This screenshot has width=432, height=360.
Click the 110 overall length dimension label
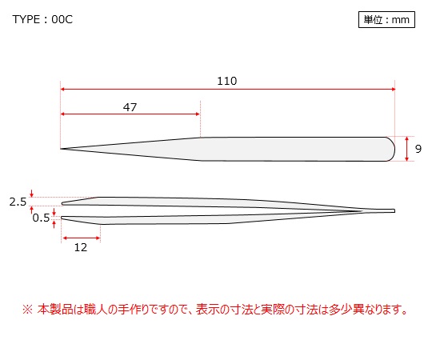[x=226, y=81]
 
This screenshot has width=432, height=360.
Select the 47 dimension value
[x=130, y=107]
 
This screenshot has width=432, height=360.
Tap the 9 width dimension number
[x=418, y=149]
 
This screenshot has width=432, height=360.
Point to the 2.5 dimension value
[x=18, y=202]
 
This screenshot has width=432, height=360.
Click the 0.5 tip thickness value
[x=41, y=218]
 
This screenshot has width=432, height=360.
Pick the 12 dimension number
[x=81, y=247]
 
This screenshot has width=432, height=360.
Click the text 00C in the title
[x=62, y=19]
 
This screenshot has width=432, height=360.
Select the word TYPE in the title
[x=26, y=19]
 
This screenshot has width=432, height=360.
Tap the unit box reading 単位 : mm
[x=386, y=19]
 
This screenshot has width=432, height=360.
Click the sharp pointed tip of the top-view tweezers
[x=61, y=149]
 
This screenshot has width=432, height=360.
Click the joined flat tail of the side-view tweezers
[x=380, y=211]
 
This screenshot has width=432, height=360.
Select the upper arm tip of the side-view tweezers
[x=63, y=204]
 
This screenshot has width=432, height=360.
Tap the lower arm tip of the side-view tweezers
[x=62, y=218]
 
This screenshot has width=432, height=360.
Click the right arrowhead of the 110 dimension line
[x=394, y=90]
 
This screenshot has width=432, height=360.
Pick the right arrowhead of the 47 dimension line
[x=198, y=114]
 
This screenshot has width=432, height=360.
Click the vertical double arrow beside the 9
[x=407, y=149]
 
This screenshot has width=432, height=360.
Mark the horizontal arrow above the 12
[x=82, y=238]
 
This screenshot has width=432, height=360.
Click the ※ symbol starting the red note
[x=27, y=310]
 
